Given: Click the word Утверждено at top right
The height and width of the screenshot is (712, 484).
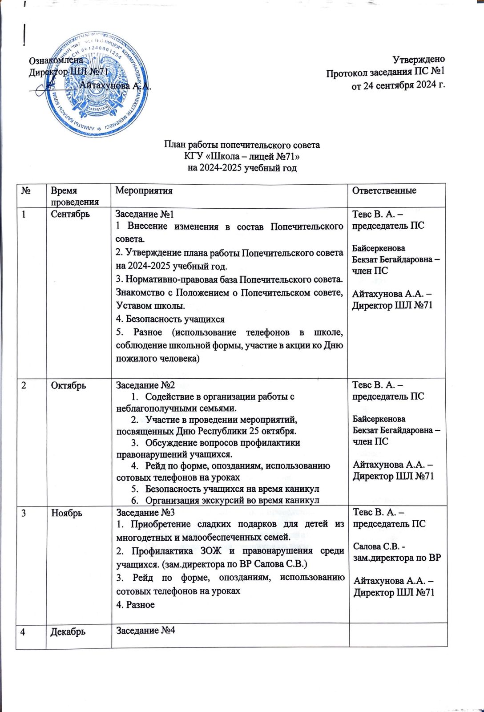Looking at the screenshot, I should pyautogui.click(x=419, y=59).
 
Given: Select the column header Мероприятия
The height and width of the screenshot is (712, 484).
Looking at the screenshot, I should pyautogui.click(x=144, y=191).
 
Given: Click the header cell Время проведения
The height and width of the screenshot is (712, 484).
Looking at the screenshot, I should pyautogui.click(x=70, y=196).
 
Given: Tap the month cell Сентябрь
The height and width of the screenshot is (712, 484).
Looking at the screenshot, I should pyautogui.click(x=70, y=214).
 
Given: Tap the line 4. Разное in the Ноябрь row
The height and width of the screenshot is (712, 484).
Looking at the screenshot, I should pyautogui.click(x=135, y=604).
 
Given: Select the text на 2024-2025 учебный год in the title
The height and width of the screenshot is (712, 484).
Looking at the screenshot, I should pyautogui.click(x=242, y=168).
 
